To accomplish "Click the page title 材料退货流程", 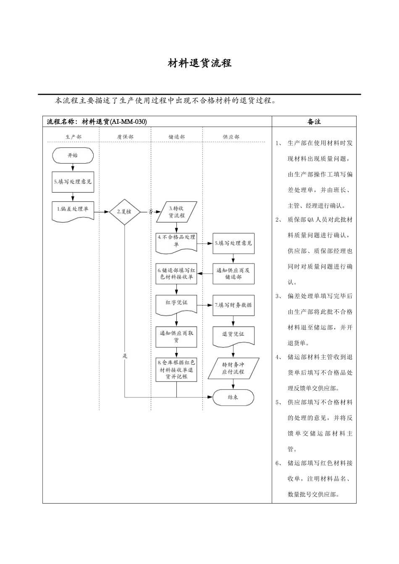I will pos(199,63).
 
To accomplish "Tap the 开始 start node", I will pos(73,156).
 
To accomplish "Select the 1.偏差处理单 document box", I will pos(73,210).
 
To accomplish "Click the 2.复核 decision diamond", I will pos(124,212).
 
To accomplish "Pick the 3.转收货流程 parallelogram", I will pos(176,212).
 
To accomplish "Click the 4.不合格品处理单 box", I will pos(176,241).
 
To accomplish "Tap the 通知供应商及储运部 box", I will pos(233,274).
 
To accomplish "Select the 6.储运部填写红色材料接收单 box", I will pos(176,274).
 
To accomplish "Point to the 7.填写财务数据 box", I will pos(233,305).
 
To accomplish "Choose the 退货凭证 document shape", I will pos(233,335).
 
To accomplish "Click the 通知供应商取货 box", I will pos(176,337).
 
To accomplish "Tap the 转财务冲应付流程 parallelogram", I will pos(233,368).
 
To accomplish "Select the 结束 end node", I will pos(233,397).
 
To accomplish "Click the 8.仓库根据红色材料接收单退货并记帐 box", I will pos(176,369).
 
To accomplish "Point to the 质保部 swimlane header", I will pos(125,137).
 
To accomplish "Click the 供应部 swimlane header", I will pos(231,137).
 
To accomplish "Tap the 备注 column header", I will pos(314,122).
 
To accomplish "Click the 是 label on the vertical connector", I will pos(124,356).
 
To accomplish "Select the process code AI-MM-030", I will pos(128,122).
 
